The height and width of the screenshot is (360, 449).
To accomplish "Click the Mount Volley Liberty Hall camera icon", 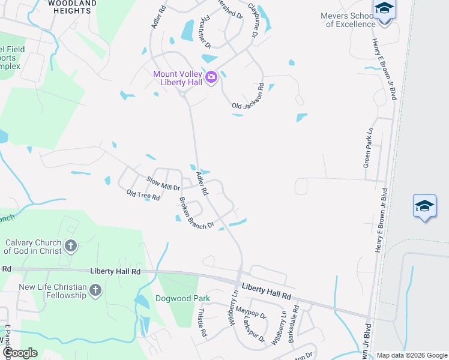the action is (211, 77).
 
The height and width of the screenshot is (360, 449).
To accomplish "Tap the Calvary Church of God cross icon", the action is (71, 245).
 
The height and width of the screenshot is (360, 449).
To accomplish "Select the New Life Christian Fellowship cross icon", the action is (95, 291).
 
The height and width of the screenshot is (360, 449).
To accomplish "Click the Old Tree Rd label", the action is (143, 196).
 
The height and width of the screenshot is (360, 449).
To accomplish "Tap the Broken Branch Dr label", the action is (197, 213).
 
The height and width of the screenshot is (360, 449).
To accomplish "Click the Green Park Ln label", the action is (369, 147).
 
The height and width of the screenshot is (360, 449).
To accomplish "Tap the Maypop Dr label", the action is (250, 312).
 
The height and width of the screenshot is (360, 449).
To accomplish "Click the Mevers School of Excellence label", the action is (348, 20).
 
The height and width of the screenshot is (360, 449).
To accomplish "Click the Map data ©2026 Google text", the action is (411, 355).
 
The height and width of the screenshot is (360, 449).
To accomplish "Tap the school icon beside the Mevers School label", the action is (384, 10).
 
